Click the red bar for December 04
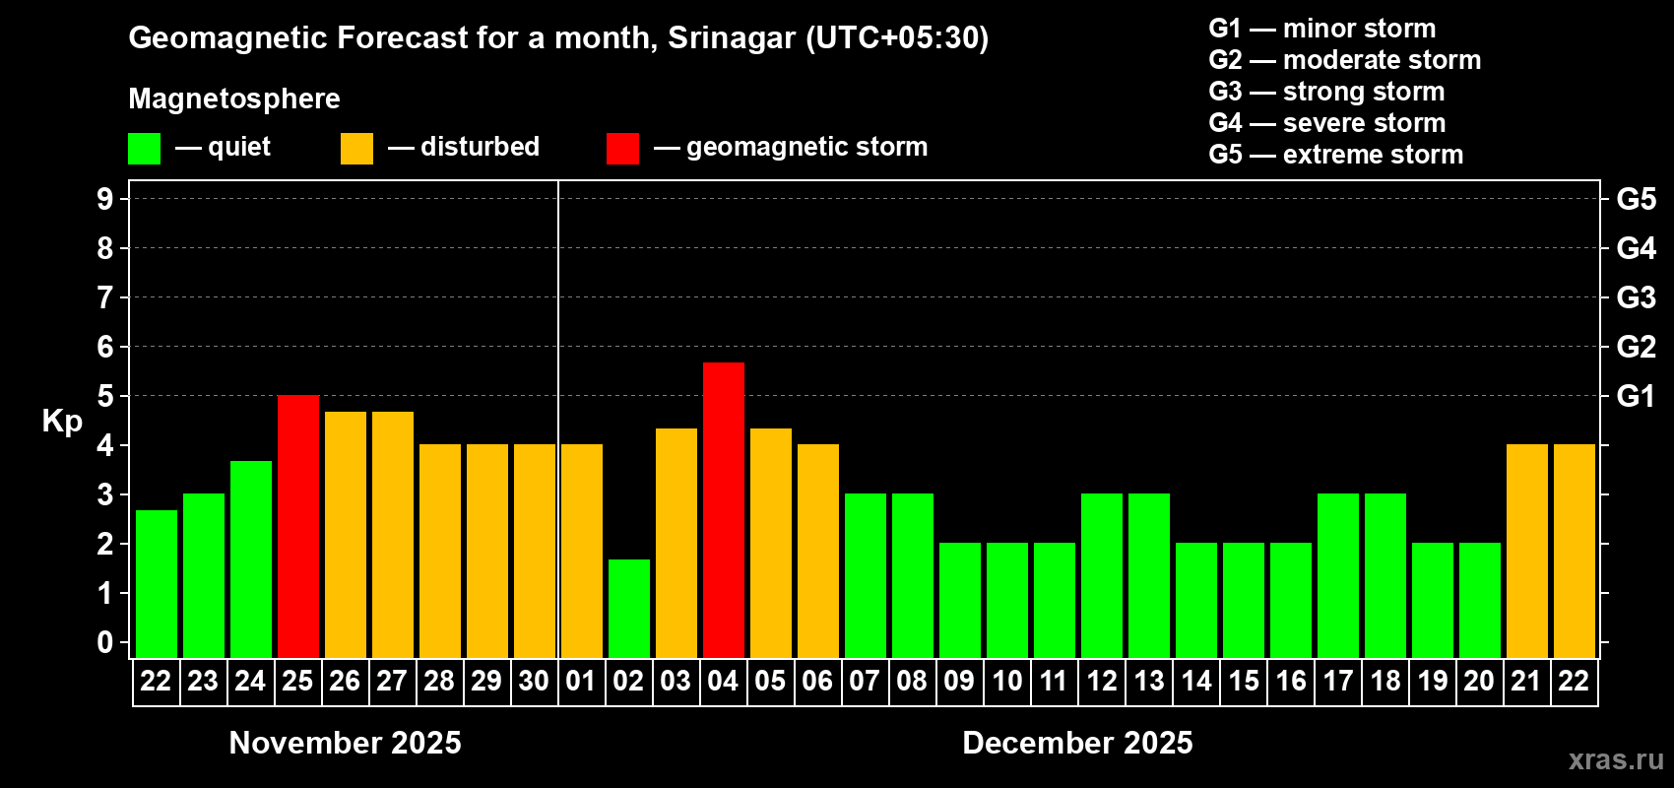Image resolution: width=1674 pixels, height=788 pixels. [723, 510]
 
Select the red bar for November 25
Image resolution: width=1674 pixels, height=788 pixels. [297, 526]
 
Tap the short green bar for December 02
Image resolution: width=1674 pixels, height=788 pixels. [628, 608]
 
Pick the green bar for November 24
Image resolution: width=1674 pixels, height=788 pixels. [250, 558]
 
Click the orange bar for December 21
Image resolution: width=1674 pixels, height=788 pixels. [1526, 551]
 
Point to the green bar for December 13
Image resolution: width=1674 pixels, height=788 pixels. [1148, 575]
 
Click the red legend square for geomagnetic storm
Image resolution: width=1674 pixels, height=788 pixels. [622, 149]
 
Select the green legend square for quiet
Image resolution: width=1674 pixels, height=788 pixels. [144, 149]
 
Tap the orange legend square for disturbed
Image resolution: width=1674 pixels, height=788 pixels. [356, 149]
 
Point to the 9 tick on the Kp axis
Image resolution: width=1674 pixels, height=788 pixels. [105, 199]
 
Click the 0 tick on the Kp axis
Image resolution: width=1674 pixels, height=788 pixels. [105, 642]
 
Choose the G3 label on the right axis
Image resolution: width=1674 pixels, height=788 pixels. [1636, 297]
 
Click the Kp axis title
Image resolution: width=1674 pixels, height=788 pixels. [62, 422]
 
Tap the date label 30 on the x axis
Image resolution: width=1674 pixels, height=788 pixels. [534, 681]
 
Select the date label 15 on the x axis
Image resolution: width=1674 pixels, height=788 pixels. [1243, 681]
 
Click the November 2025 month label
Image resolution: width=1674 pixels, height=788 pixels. [345, 743]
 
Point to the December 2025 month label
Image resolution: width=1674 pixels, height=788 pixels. [1077, 743]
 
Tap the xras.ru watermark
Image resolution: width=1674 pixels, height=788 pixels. [1615, 759]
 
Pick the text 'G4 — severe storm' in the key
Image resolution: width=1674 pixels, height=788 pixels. [1326, 123]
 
